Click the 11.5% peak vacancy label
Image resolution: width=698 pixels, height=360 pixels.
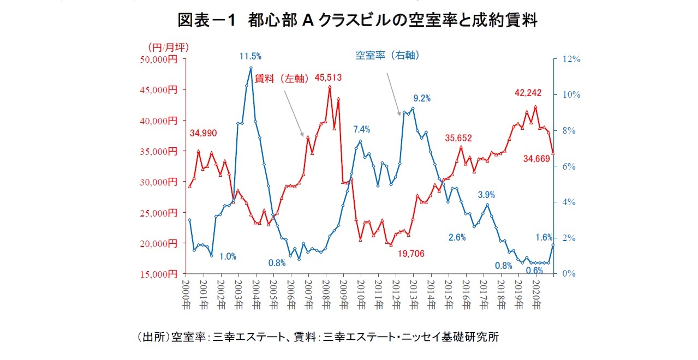point(250,56)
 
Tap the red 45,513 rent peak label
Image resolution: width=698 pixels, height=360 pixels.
point(328,78)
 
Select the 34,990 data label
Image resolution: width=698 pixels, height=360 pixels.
point(204,133)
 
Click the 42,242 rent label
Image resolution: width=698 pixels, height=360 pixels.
point(528,93)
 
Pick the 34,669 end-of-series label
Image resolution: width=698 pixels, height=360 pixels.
point(537,159)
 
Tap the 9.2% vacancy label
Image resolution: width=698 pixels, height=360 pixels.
point(422,99)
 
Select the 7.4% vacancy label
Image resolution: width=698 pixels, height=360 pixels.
point(361,129)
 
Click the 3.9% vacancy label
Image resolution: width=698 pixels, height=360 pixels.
point(486,195)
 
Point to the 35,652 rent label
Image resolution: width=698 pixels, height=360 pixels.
point(458,138)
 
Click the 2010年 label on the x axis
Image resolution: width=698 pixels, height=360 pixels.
point(361,294)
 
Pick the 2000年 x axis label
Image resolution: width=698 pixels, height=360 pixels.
point(186,294)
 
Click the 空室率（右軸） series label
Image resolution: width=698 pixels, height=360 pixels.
point(387,56)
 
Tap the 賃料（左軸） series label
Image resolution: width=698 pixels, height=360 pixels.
point(283,78)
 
